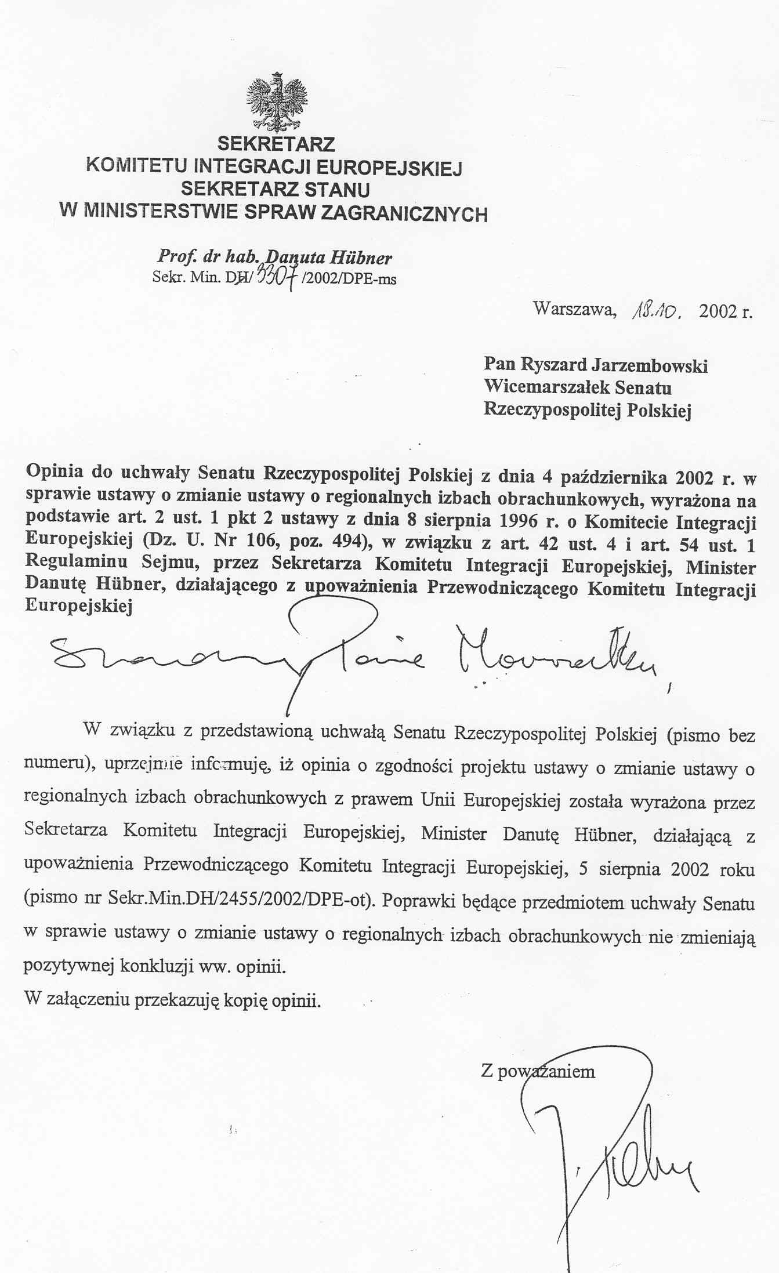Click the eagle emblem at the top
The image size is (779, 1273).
(277, 102)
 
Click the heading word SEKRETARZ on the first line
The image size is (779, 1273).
(276, 144)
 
